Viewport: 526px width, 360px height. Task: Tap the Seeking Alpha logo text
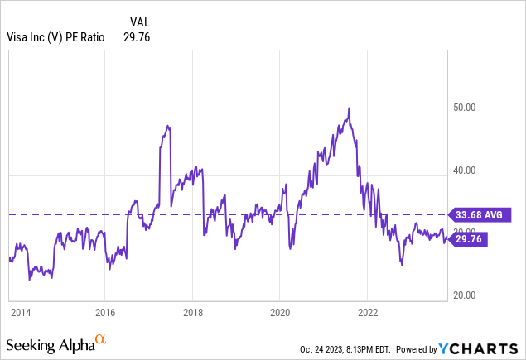point(49,343)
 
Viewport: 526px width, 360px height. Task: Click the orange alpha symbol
point(101,339)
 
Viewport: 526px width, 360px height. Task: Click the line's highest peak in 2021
point(350,108)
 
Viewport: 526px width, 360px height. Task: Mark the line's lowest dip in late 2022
point(402,264)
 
